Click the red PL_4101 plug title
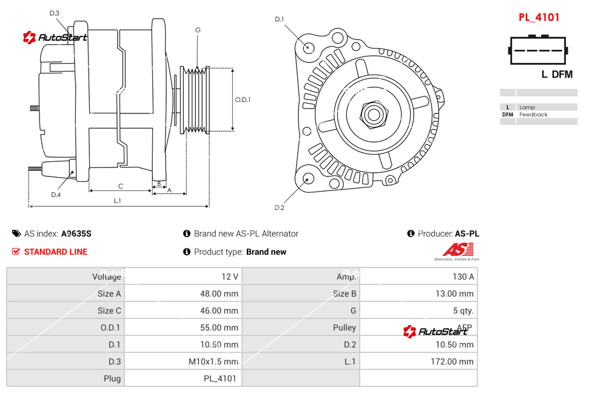coord(539,18)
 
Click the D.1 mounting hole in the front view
coord(309,47)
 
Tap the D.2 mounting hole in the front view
coord(308,178)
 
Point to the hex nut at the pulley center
coord(373,113)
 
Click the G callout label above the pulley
coord(198,30)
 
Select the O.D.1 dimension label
coord(243,99)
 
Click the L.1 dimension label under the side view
coord(118,200)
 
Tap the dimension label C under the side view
coord(120,186)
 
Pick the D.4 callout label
coord(56,195)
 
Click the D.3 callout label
coord(54,13)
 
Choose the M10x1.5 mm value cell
coord(214,361)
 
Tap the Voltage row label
coord(107,277)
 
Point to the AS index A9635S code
coord(76,233)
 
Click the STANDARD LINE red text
coord(56,252)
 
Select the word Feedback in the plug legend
coord(533,115)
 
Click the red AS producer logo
coord(458,250)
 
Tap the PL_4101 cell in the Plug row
coord(220,378)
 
